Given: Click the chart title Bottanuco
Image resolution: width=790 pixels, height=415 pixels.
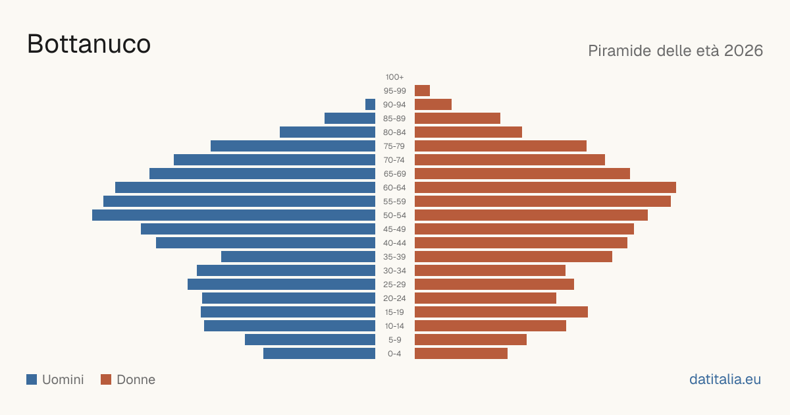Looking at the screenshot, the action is click(x=89, y=44).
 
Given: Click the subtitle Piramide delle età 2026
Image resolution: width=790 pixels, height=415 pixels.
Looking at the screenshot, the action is click(x=675, y=51).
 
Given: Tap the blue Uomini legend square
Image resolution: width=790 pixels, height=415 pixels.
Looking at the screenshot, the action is click(x=32, y=379).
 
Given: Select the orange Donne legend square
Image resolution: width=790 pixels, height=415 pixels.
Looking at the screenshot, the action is click(x=106, y=379).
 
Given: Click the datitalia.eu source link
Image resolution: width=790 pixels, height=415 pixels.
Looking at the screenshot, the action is click(x=725, y=379).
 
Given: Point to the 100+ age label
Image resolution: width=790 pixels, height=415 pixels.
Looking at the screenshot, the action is click(x=394, y=77).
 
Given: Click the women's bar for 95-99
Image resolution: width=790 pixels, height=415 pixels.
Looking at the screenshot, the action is click(x=422, y=91).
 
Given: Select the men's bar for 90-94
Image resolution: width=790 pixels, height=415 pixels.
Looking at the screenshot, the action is click(x=370, y=105).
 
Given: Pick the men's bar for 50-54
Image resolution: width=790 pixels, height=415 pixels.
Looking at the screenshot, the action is click(x=234, y=215).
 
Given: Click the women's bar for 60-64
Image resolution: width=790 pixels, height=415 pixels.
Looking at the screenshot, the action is click(x=545, y=187).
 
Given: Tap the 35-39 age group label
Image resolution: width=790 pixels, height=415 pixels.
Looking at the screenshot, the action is click(x=394, y=257).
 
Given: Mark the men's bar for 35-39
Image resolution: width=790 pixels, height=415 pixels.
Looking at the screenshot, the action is click(x=298, y=256).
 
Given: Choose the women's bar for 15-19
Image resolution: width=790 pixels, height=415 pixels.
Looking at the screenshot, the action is click(x=501, y=312).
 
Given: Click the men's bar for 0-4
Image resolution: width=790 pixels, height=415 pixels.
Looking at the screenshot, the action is click(x=319, y=354).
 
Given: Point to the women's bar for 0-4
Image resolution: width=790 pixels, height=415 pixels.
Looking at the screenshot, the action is click(x=461, y=354).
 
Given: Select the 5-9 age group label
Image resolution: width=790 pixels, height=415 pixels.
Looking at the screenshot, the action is click(x=394, y=340).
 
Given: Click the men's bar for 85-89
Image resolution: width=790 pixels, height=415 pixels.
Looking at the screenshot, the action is click(x=350, y=118).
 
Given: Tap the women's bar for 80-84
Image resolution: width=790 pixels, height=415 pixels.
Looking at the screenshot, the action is click(x=468, y=132).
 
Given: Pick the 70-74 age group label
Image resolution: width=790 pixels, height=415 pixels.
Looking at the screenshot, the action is click(x=394, y=160).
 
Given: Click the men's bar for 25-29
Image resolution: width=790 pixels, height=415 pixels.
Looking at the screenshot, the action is click(x=282, y=285).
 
